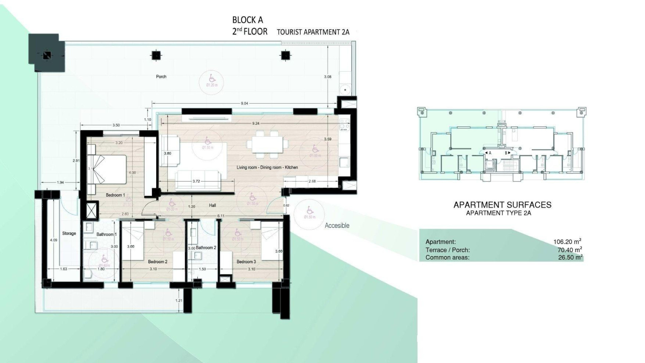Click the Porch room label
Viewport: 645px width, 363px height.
coord(161,77)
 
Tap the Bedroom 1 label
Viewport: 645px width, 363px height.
coord(115,195)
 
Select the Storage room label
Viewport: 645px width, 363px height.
coord(69,233)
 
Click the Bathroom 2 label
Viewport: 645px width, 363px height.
coord(206,248)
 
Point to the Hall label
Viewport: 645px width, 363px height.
coord(212,205)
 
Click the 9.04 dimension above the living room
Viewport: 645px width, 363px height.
coord(244,104)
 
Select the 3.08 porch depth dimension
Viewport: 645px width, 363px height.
coord(328,77)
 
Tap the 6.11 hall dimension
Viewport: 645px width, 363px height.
coord(221,216)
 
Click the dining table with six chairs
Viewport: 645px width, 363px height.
coord(267,145)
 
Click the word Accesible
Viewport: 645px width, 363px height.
coord(337,226)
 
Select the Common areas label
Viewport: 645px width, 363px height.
coord(447,258)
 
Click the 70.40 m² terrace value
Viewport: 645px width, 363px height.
coord(569,250)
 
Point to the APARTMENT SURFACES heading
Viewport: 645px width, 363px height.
coord(502,205)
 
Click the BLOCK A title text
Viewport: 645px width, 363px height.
coord(248,20)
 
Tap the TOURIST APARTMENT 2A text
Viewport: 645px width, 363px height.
coord(313,32)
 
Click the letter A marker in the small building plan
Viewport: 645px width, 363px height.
coord(490,153)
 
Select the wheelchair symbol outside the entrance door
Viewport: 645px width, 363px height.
coord(310,211)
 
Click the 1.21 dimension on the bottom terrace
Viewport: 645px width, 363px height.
coord(179,300)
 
